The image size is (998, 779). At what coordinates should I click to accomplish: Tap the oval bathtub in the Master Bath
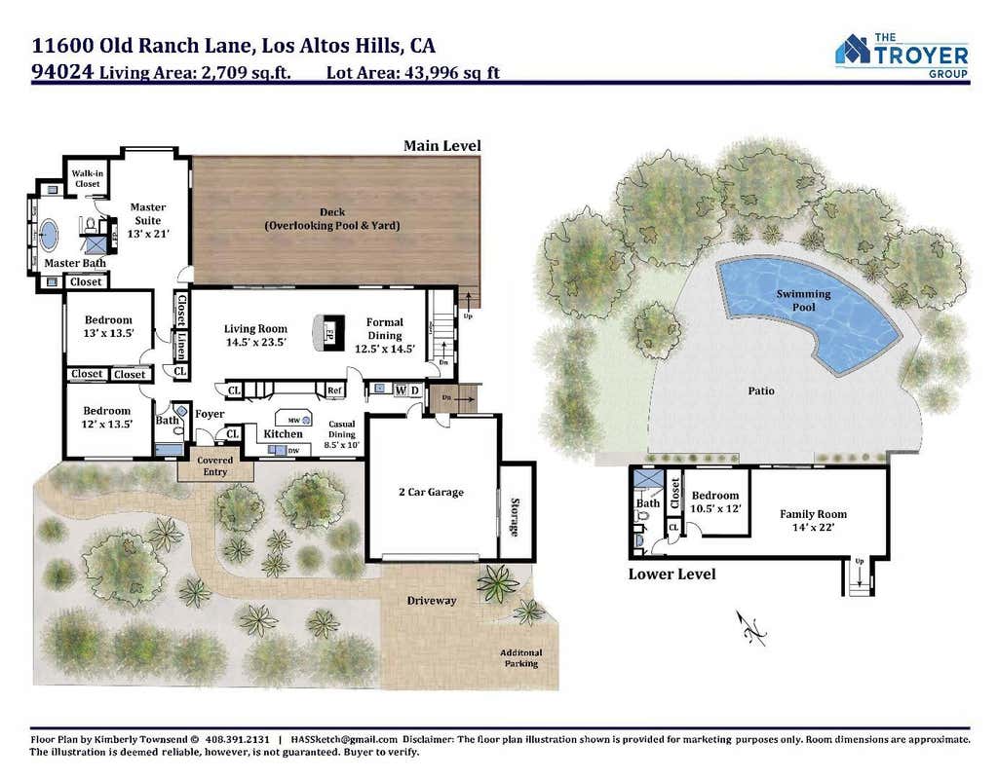48,234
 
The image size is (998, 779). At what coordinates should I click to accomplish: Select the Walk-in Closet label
87,178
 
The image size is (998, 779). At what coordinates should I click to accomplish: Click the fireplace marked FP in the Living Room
329,332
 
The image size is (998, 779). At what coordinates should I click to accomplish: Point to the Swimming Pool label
803,300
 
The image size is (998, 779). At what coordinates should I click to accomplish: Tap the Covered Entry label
215,466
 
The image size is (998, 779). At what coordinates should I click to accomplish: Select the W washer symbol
401,389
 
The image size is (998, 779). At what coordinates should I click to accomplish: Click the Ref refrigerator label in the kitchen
334,389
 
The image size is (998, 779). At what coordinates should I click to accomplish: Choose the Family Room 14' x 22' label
814,520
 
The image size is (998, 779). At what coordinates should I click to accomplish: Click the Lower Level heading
672,575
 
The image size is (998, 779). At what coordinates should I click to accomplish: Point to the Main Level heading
442,146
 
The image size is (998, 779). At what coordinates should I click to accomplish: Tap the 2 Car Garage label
431,492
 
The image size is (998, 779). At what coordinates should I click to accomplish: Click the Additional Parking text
521,658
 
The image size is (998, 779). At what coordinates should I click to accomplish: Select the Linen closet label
181,345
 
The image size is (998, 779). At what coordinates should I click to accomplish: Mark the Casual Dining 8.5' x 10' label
342,434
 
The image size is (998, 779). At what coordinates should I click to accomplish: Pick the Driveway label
432,600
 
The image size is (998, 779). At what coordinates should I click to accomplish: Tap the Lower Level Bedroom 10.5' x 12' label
715,501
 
